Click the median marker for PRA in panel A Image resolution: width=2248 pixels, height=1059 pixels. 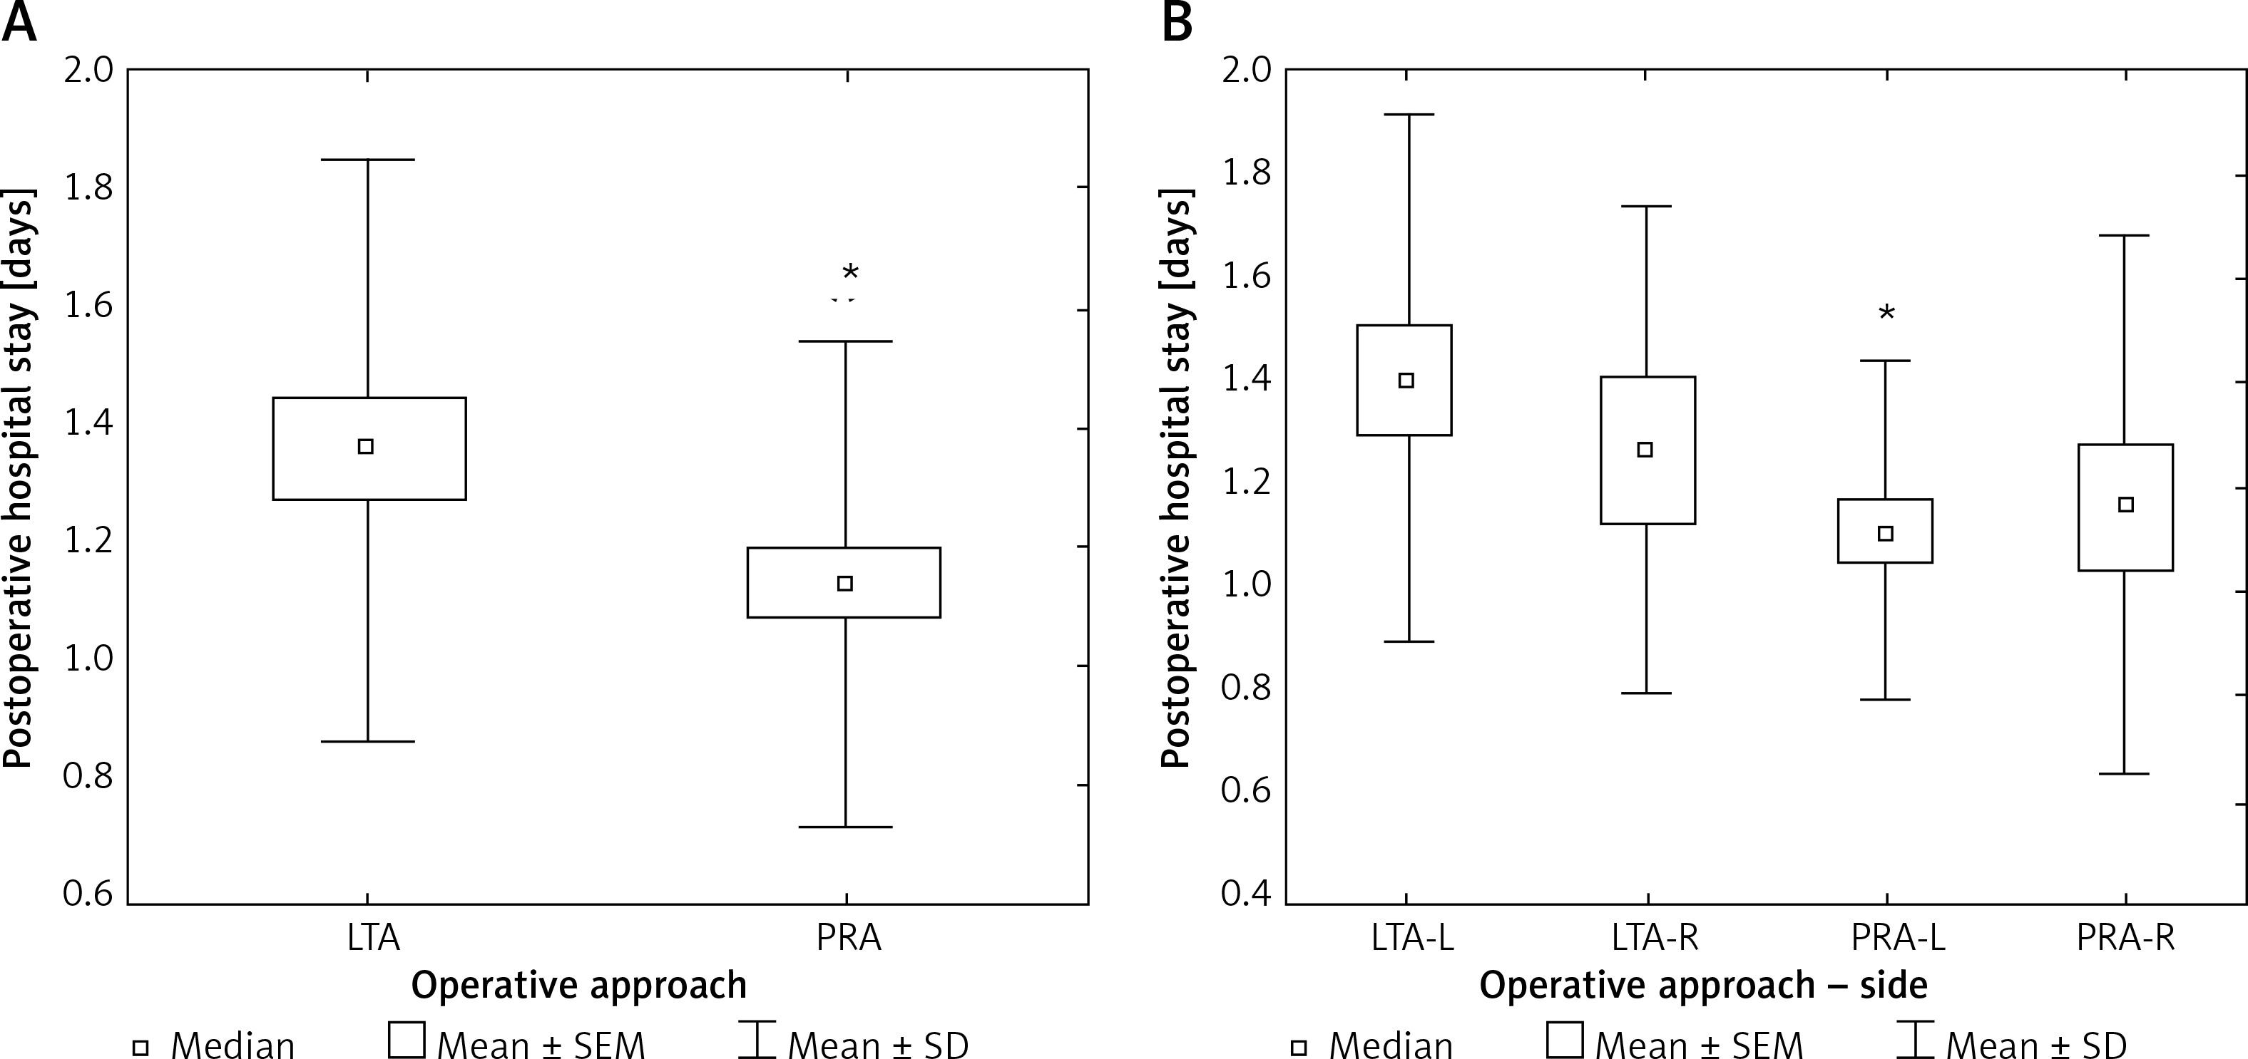point(844,584)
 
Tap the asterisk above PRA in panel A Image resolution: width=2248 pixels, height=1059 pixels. point(850,273)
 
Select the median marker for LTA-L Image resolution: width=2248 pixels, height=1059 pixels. point(1406,381)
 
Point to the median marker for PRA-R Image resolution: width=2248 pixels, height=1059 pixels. point(2127,505)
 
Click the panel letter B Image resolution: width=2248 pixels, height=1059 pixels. point(1177,24)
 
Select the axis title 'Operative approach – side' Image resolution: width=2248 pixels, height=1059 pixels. point(1703,986)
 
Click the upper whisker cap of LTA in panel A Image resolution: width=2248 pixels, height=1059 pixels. point(368,160)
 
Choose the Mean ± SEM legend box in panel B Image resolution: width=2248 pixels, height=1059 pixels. point(1564,1040)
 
